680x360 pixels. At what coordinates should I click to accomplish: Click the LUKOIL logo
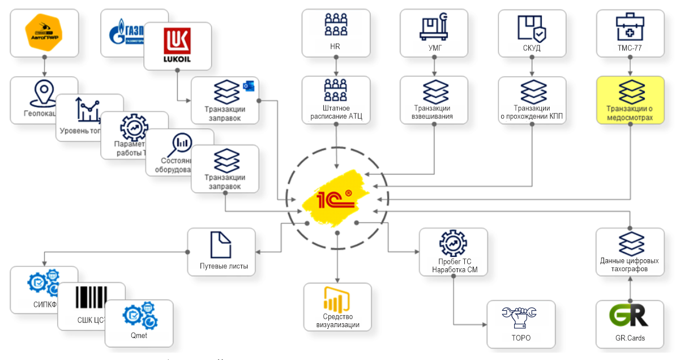coord(177,45)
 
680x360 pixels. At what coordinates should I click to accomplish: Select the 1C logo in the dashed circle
coord(336,199)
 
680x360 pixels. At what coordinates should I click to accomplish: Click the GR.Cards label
coord(630,338)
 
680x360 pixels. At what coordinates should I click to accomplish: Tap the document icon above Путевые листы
coord(220,245)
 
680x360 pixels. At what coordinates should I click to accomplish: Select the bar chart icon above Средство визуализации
coord(337,299)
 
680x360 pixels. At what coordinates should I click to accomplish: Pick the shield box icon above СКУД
coord(532,27)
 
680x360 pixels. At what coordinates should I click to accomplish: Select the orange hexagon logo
coord(44,33)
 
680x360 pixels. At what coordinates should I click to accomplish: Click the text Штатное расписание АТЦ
coord(336,112)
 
